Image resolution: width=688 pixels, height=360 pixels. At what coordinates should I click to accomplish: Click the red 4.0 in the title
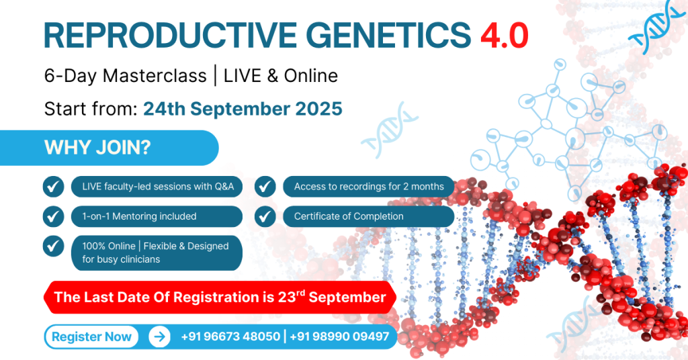pos(504,35)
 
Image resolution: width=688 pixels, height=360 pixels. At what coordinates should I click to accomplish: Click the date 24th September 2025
pos(243,109)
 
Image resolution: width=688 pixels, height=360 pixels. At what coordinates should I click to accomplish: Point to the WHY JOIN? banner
pos(110,148)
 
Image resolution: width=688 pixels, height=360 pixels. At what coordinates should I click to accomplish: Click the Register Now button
pos(91,336)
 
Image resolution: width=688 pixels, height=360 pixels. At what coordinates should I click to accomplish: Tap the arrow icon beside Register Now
pos(159,336)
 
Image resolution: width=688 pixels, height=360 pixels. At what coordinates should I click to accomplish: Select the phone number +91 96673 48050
pos(230,336)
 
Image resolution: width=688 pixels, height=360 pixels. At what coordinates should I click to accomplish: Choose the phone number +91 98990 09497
pos(339,336)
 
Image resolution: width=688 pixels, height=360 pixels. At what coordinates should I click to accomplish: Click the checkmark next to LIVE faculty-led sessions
pos(54,186)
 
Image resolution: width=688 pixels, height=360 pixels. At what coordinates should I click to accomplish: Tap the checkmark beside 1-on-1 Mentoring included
pos(54,216)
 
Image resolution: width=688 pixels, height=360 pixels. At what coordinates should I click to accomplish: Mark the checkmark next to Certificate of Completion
pos(265,216)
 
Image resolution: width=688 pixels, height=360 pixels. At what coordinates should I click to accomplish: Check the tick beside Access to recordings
pos(265,186)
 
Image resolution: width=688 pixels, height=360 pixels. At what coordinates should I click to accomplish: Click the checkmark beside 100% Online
pos(54,246)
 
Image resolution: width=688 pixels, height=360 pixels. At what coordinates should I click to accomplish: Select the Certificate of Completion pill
pos(369,216)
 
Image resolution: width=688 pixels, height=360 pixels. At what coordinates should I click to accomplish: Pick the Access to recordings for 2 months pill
pos(369,186)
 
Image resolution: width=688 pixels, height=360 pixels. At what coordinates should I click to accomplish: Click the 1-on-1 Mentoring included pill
pos(157,216)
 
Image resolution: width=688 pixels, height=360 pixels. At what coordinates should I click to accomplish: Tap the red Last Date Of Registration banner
pos(220,298)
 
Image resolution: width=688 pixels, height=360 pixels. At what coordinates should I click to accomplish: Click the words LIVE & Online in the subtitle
pos(281,76)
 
